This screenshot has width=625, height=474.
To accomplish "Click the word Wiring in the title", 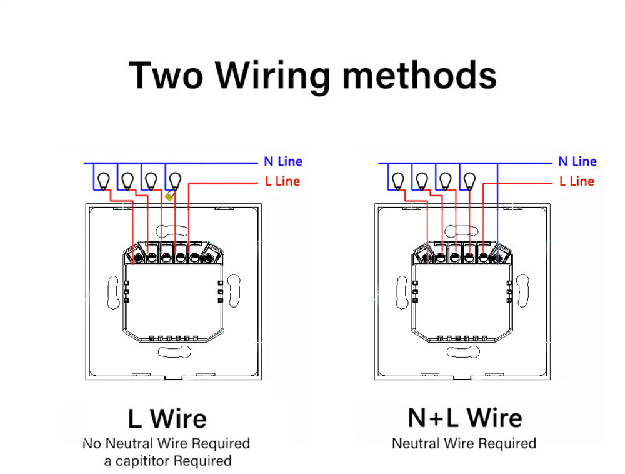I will (273, 75).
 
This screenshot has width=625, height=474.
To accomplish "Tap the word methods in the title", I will (419, 75).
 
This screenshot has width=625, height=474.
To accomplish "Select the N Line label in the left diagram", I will (282, 161).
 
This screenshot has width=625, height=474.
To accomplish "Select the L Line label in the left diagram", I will (282, 181).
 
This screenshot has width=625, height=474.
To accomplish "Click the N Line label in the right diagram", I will (577, 161).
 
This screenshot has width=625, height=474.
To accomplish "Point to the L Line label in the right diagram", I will (577, 181).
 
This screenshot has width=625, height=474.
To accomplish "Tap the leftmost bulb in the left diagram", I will (104, 181).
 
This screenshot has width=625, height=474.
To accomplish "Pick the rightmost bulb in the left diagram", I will (174, 181).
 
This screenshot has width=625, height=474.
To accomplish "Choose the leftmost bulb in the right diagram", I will (398, 181).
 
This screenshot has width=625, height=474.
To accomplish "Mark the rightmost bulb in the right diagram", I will (469, 181).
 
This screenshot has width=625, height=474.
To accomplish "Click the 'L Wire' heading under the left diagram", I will (167, 418).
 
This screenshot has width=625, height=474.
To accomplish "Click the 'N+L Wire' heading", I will (464, 417).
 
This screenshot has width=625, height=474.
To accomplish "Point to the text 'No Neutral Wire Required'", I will (166, 443).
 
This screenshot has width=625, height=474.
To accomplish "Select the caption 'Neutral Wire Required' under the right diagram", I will (464, 443).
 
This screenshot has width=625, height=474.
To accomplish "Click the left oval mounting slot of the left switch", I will (112, 293).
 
